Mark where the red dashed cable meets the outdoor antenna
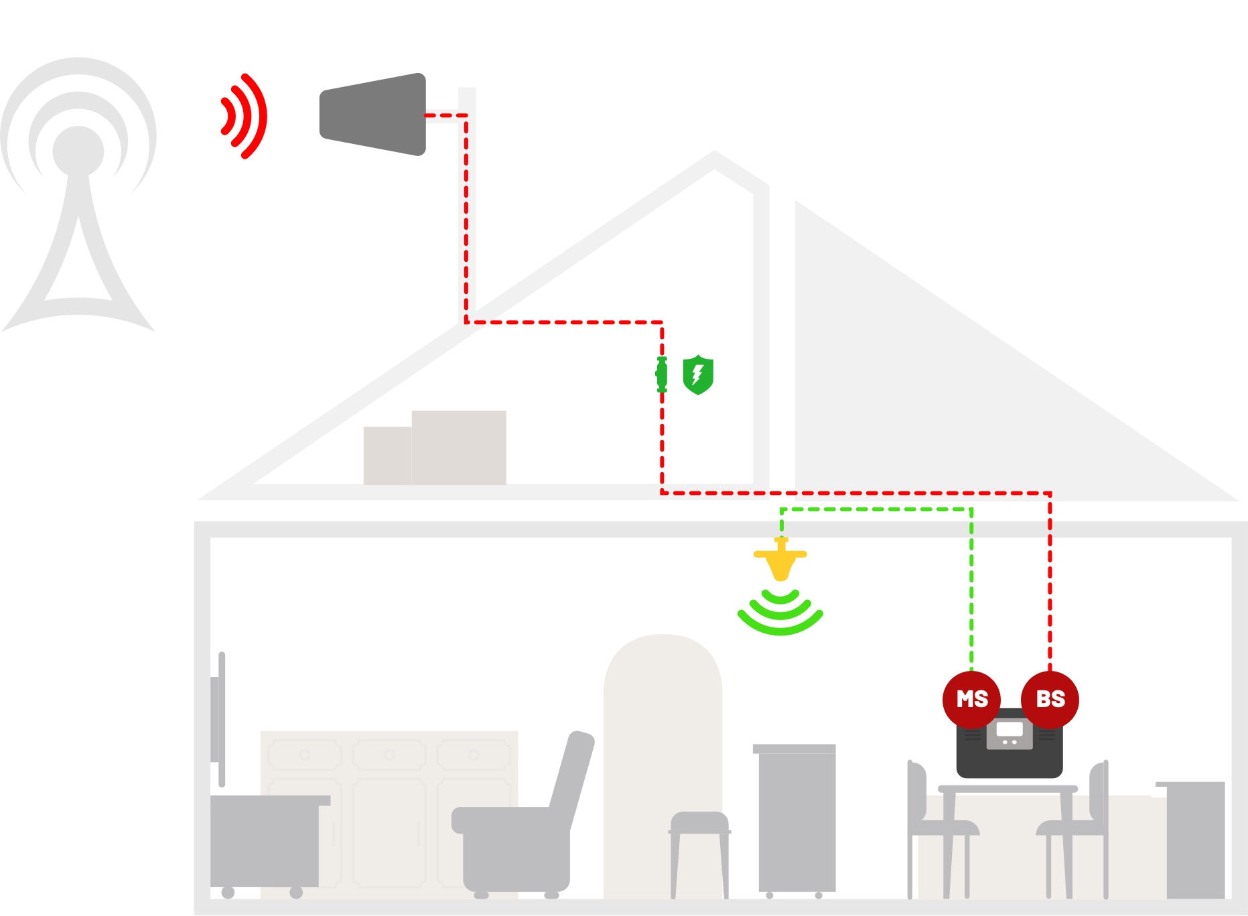426,115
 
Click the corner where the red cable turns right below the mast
466,322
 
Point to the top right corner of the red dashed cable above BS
1050,493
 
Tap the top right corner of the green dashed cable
971,510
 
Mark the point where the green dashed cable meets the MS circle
971,671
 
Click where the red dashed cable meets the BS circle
1050,671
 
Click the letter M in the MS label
964,699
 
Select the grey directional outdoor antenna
373,115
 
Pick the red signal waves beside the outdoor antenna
244,116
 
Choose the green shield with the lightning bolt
698,375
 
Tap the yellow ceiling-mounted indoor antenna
780,558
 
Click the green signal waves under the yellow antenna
780,612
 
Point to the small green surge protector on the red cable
662,374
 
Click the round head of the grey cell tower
78,151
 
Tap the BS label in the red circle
1050,699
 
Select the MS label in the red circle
972,699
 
